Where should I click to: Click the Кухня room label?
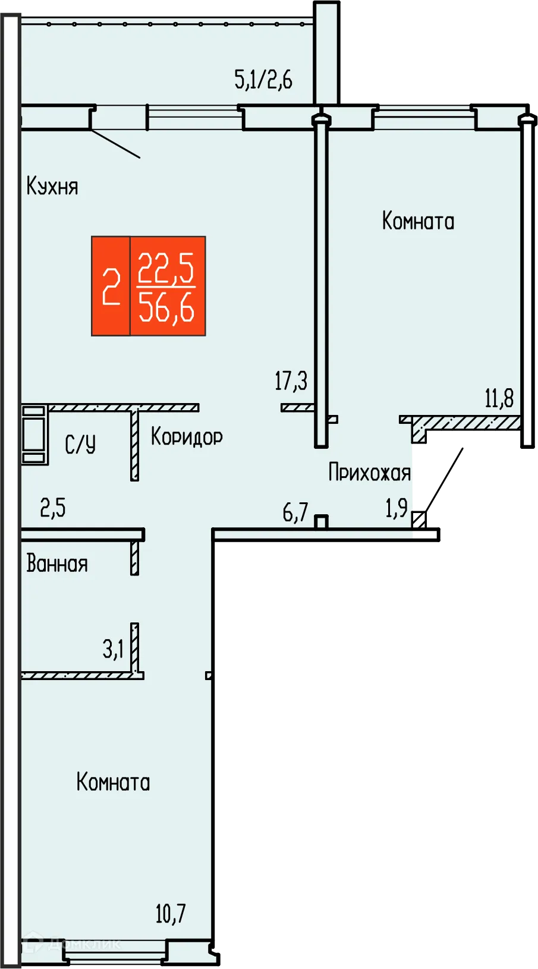(52, 187)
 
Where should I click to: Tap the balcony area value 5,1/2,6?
(263, 79)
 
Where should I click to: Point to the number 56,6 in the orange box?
(166, 309)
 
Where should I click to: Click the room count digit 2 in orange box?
(111, 287)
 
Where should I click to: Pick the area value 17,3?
(291, 380)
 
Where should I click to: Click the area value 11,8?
(499, 398)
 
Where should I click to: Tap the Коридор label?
(187, 437)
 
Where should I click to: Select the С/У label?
(80, 444)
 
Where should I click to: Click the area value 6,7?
(295, 511)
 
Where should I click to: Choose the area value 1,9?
(397, 508)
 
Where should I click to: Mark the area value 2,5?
(53, 508)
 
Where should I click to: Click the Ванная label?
(57, 564)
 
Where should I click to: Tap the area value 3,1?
(113, 649)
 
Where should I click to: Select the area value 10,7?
(171, 913)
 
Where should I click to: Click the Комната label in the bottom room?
(113, 782)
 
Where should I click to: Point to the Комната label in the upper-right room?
(418, 221)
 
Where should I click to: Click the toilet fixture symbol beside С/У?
(34, 435)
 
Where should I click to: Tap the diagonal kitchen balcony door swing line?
(115, 144)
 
